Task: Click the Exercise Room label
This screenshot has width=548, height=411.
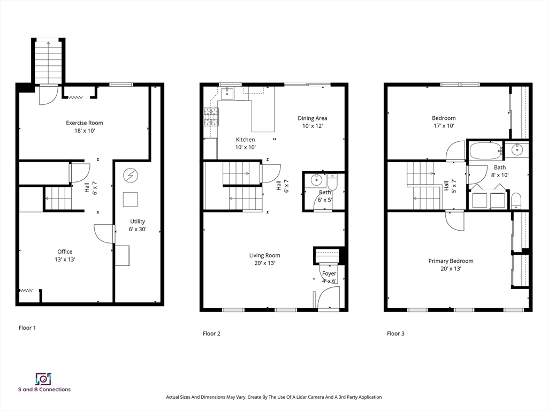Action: click(85, 123)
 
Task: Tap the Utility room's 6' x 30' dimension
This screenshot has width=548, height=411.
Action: click(138, 229)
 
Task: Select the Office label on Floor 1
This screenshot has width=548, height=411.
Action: click(65, 252)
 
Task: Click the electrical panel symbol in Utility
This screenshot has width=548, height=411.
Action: click(131, 176)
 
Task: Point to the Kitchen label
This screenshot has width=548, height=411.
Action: click(245, 140)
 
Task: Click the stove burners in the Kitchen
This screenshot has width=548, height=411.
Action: click(211, 117)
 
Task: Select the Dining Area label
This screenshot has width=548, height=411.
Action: click(313, 118)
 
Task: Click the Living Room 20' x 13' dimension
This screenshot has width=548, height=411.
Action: click(264, 263)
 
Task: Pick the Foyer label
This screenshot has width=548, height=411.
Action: click(329, 273)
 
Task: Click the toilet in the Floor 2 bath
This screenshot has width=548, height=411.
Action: click(332, 182)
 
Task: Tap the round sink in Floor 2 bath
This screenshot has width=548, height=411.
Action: click(317, 180)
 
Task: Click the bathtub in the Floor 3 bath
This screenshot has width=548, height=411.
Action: click(485, 150)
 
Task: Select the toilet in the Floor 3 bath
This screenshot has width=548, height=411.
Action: click(516, 201)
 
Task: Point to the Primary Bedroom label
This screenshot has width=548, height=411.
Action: click(451, 261)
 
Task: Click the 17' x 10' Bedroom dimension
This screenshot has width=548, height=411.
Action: click(444, 126)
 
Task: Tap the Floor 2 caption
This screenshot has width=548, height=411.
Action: click(211, 333)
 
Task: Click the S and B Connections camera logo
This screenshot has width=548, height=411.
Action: click(44, 379)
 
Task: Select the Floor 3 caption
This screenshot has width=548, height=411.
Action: click(395, 333)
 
